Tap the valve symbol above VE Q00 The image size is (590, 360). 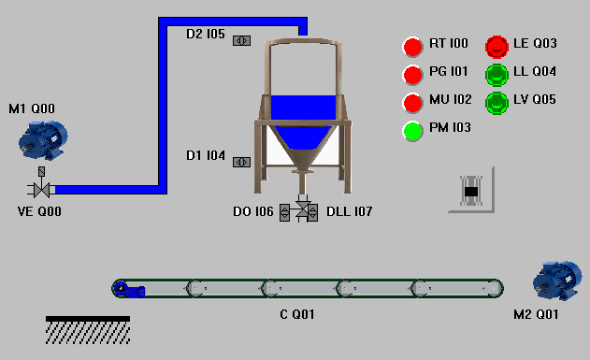pyautogui.click(x=41, y=189)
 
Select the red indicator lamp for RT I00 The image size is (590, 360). pyautogui.click(x=413, y=47)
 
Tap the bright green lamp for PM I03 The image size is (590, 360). pyautogui.click(x=413, y=131)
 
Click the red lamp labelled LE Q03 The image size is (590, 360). pyautogui.click(x=496, y=46)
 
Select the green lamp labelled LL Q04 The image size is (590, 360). pyautogui.click(x=496, y=74)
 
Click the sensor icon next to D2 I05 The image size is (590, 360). pyautogui.click(x=241, y=40)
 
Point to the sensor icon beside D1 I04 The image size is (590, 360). pyautogui.click(x=241, y=162)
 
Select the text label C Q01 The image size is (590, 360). pyautogui.click(x=297, y=314)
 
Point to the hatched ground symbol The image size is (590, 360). pyautogui.click(x=88, y=329)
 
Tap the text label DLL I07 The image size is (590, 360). pyautogui.click(x=349, y=212)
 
